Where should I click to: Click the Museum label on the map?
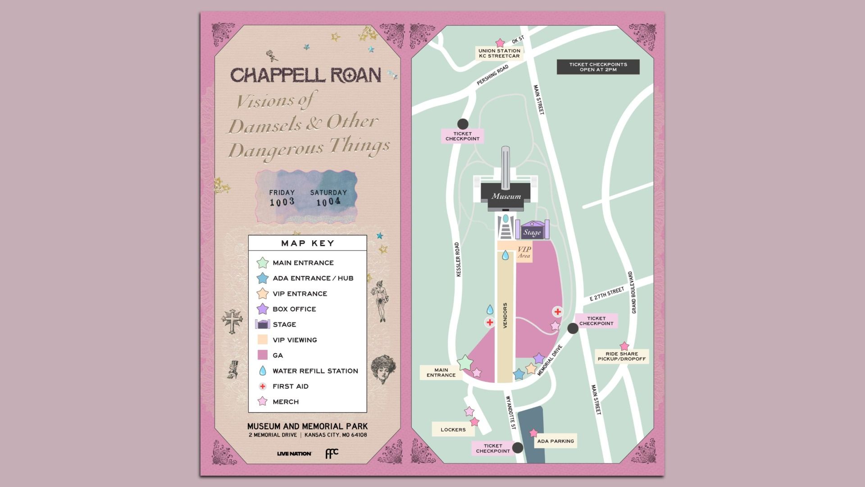tap(506, 196)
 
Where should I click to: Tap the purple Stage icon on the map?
tap(532, 231)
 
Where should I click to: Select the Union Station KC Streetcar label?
tap(499, 53)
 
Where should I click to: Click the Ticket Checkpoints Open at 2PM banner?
tap(598, 67)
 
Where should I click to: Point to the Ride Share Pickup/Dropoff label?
tap(622, 356)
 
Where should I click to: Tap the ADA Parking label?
tap(555, 441)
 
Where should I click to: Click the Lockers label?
tap(453, 429)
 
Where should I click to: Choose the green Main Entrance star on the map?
tap(465, 362)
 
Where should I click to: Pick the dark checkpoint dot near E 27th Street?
tap(573, 328)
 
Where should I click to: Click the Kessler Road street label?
tap(458, 260)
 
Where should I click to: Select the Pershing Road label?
tap(492, 75)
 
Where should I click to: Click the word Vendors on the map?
tap(505, 315)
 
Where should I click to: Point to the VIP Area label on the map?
tap(524, 252)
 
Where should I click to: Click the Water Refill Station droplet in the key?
tap(262, 371)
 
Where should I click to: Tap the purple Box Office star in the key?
tap(262, 309)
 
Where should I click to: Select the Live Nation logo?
tap(294, 453)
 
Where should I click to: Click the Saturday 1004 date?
tap(328, 198)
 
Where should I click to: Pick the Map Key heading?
tap(308, 243)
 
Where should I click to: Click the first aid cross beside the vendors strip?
tap(490, 322)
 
